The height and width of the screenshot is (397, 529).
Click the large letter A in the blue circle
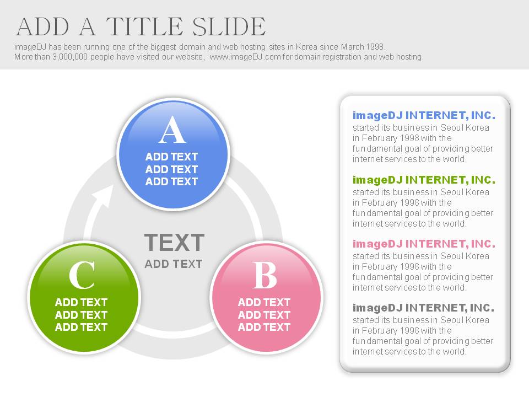(172, 130)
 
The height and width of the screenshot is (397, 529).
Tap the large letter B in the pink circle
(264, 275)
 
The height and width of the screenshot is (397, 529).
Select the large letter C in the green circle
(82, 275)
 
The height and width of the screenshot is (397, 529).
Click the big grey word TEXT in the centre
(175, 243)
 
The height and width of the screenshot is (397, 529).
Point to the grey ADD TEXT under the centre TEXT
(174, 264)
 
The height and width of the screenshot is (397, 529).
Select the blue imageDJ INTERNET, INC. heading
(424, 115)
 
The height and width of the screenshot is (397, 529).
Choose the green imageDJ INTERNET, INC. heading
(424, 180)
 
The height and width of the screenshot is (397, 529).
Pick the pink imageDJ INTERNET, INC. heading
(424, 244)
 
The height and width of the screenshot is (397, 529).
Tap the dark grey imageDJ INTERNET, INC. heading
(423, 308)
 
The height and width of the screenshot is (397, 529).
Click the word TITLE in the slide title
(145, 26)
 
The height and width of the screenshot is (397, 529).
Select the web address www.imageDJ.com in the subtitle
(245, 57)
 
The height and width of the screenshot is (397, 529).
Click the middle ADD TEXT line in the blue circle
(171, 169)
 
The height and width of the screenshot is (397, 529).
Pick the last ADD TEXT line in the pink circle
(264, 327)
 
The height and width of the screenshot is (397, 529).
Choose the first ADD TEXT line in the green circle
(82, 302)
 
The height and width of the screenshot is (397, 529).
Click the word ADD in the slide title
(42, 26)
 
